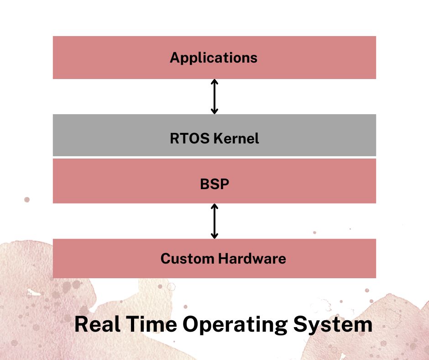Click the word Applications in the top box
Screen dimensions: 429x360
[214, 58]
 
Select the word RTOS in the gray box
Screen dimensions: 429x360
[189, 138]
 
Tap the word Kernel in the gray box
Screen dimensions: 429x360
[236, 138]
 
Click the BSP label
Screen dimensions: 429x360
[214, 184]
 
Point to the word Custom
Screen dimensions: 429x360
[188, 259]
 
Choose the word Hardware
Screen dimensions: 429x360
[252, 259]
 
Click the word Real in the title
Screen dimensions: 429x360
[97, 324]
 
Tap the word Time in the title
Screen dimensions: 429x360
[152, 324]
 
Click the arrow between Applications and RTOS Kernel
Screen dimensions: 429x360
[214, 97]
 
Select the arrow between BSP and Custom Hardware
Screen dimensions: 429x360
[214, 221]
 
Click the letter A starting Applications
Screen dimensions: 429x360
[175, 57]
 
